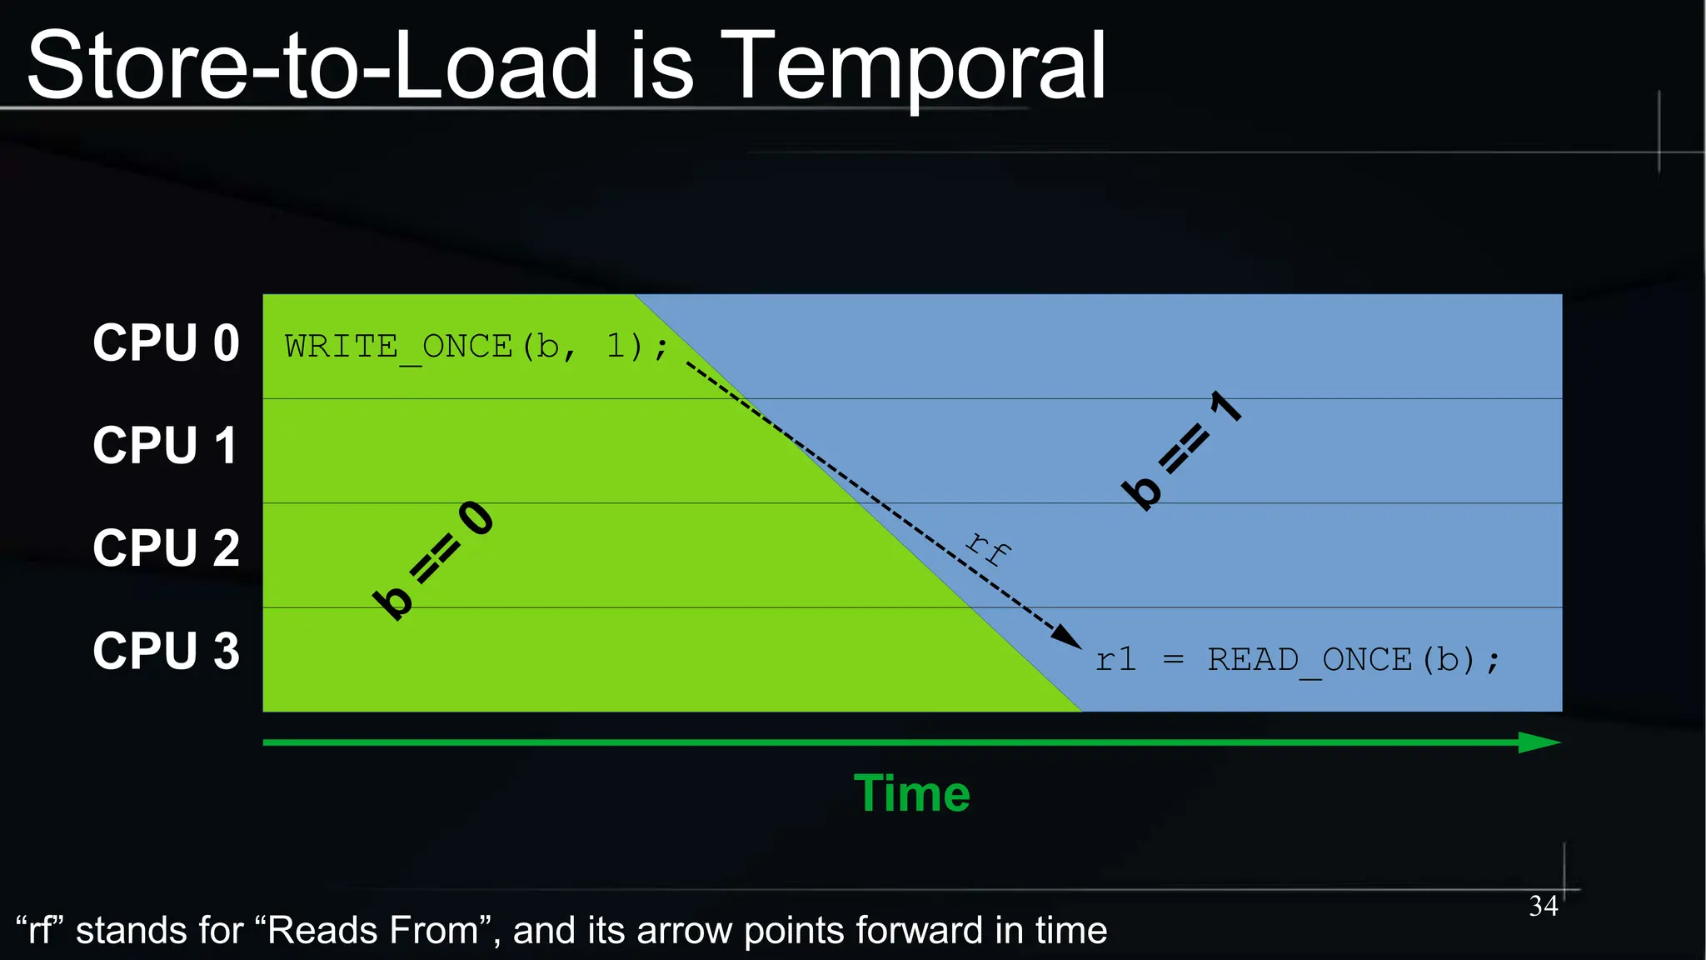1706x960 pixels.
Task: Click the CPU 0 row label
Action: (x=166, y=342)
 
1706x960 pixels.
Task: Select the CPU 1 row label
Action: (x=166, y=445)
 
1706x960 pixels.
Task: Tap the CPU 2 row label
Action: (x=166, y=548)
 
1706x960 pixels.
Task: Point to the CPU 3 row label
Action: (x=166, y=651)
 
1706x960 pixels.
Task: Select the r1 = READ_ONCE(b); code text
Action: (x=1297, y=660)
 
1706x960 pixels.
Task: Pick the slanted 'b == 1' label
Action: (x=1182, y=449)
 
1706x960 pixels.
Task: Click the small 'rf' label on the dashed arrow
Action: (x=989, y=547)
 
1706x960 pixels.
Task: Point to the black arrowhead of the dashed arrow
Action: (x=1067, y=637)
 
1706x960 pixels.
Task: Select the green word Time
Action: (x=911, y=792)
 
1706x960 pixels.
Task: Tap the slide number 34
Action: (x=1543, y=906)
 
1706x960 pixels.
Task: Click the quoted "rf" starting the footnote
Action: (x=40, y=930)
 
